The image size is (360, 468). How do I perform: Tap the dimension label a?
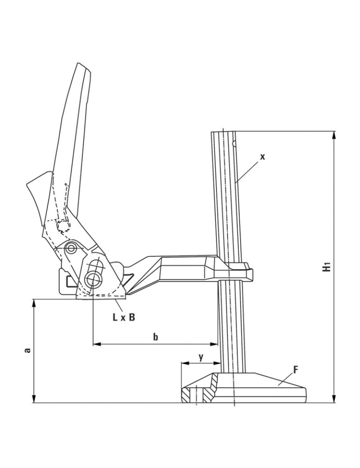coord(27,350)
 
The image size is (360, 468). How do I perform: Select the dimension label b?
coord(156,337)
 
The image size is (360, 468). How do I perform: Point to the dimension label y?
coord(201,357)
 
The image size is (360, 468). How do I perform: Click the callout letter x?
coord(262,157)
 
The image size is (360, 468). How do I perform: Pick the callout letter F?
coord(295,370)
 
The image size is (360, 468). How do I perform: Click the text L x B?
coord(124,317)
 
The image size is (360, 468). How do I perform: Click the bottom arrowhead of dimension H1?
coord(334,399)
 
